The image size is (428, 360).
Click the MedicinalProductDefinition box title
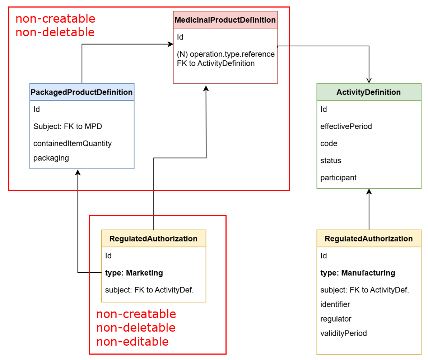click(x=225, y=20)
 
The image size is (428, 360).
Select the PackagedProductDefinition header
click(x=82, y=92)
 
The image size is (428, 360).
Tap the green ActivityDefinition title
click(x=368, y=92)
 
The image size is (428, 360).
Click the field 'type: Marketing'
click(x=134, y=273)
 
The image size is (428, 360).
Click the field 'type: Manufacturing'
click(x=357, y=273)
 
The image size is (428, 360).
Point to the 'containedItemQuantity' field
click(x=73, y=143)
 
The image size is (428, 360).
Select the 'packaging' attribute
click(x=51, y=158)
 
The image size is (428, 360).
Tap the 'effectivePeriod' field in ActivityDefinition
click(x=346, y=126)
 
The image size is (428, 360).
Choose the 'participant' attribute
click(x=338, y=177)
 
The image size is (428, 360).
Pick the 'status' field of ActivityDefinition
click(x=331, y=160)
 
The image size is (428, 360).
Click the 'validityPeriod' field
click(x=343, y=333)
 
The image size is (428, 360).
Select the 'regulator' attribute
click(x=336, y=319)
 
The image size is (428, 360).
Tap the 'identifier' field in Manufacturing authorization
click(x=335, y=304)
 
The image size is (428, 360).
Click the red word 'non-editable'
click(x=132, y=341)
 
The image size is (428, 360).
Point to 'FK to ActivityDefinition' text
click(x=215, y=63)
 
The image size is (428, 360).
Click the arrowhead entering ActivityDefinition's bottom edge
click(x=369, y=191)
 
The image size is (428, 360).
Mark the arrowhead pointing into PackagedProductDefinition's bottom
click(x=78, y=172)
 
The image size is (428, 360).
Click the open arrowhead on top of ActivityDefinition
click(x=369, y=80)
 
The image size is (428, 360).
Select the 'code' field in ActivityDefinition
click(x=329, y=143)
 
